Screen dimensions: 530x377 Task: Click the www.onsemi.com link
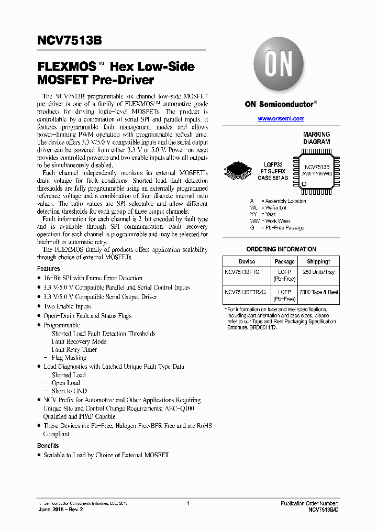[x=281, y=119]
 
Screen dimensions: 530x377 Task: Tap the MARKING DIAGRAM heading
[x=316, y=138]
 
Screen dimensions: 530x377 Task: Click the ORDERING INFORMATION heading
[x=281, y=249]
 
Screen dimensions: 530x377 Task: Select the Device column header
[x=247, y=261]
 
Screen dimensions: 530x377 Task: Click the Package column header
[x=284, y=261]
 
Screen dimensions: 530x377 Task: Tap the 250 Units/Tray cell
[x=318, y=272]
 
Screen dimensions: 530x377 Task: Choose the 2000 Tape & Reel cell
[x=318, y=291]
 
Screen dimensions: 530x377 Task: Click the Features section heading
[x=48, y=269]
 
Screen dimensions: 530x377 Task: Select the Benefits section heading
[x=48, y=446]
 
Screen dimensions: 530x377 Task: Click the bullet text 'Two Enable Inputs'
[x=67, y=306]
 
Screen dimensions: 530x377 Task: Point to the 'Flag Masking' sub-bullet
[x=69, y=358]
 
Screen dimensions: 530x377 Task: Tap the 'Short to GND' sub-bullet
[x=69, y=391]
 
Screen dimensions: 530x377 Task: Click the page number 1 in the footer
[x=187, y=503]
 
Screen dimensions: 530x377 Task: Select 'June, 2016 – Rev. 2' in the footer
[x=61, y=509]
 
